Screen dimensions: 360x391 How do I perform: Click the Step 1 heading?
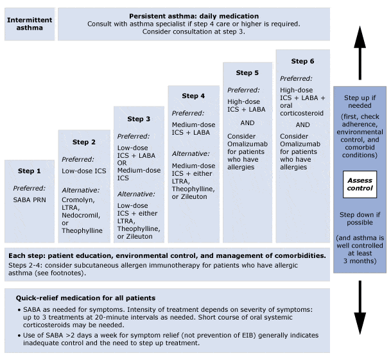pos(30,171)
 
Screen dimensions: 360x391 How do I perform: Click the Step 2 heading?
pos(84,142)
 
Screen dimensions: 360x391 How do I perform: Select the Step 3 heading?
pos(139,119)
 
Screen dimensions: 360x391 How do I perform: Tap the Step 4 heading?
pos(193,96)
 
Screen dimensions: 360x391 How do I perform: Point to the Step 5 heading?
pos(248,73)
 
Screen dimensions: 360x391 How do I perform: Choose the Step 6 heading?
pos(302,62)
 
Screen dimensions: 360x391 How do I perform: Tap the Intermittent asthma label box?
pos(30,24)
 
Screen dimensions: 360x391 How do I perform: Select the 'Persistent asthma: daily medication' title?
pos(194,15)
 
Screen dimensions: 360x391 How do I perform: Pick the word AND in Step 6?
pos(303,125)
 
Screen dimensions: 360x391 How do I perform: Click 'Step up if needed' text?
pos(360,102)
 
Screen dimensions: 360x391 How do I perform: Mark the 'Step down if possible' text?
pos(360,219)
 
